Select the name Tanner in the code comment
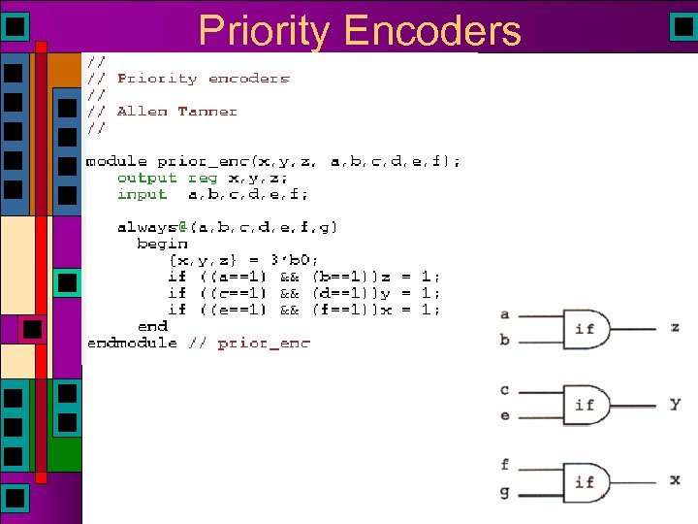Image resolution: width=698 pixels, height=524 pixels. point(207,112)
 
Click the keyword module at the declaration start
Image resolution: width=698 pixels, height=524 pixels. point(117,161)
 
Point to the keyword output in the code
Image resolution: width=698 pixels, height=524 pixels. point(146,178)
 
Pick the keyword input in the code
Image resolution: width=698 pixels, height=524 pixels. point(142,194)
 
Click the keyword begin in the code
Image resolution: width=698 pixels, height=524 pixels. point(156,244)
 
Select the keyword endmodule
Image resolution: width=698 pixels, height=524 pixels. point(132,343)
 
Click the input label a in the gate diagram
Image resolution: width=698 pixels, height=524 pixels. point(504,314)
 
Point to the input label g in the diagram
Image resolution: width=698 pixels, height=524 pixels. point(504,493)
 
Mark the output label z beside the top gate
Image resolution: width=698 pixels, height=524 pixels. point(675,328)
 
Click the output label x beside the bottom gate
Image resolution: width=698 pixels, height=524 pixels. point(675,480)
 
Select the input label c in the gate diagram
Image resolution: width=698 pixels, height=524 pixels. point(504,390)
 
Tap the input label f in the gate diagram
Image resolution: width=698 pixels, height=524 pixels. point(504,465)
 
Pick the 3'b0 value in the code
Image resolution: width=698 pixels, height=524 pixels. point(300,260)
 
